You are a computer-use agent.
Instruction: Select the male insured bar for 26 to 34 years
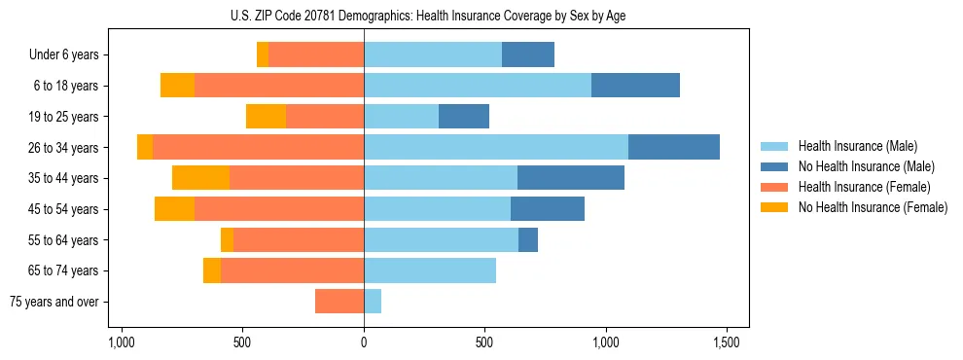496,147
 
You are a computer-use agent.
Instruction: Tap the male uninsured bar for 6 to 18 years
635,86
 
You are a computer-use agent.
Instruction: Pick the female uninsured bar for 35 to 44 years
200,178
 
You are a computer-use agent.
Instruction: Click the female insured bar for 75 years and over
339,302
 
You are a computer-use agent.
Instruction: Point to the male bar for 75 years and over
373,302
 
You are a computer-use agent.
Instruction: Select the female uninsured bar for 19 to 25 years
266,117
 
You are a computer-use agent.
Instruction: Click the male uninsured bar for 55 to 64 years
528,239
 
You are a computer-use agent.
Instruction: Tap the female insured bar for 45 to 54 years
279,208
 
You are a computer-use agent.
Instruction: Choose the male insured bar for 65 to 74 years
430,270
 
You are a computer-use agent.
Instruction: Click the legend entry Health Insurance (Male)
857,146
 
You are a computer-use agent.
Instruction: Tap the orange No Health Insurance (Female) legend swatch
774,207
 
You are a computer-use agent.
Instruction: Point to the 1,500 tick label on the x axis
727,343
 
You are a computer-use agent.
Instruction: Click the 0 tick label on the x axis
364,343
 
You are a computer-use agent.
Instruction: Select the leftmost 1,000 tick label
122,343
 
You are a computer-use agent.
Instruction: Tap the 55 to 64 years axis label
65,240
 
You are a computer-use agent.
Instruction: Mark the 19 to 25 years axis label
65,117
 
